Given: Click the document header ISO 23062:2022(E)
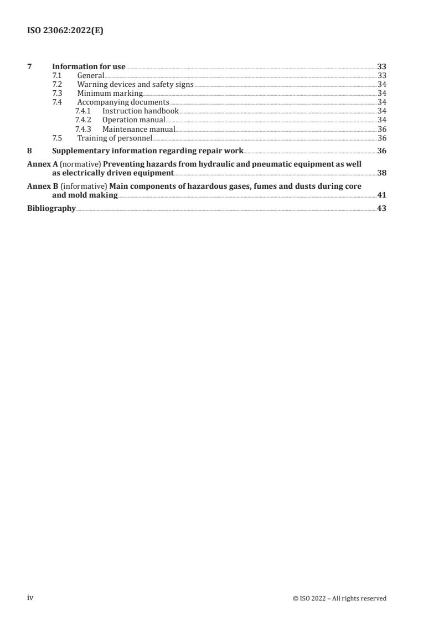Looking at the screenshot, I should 65,31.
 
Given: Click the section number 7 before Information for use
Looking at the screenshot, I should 29,67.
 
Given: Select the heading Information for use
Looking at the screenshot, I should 89,67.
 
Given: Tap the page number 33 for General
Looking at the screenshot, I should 381,76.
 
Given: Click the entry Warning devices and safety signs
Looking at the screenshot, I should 135,85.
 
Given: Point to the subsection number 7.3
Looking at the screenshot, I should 57,94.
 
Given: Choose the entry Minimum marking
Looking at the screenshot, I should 110,94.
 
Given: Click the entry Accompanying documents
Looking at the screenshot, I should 123,102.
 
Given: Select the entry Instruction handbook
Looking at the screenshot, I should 140,111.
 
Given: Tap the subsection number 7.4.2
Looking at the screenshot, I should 83,120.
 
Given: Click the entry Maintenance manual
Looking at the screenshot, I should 138,129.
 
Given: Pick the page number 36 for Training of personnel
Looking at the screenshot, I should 381,138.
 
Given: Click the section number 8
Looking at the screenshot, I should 29,151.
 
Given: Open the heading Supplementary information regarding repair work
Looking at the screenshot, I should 147,151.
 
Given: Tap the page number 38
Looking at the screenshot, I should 381,173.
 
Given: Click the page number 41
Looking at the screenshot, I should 381,195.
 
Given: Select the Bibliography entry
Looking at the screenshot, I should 51,209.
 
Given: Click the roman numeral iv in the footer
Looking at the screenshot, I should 30,598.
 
